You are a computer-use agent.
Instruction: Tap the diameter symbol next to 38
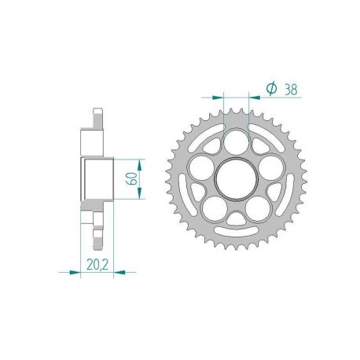[270, 90]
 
